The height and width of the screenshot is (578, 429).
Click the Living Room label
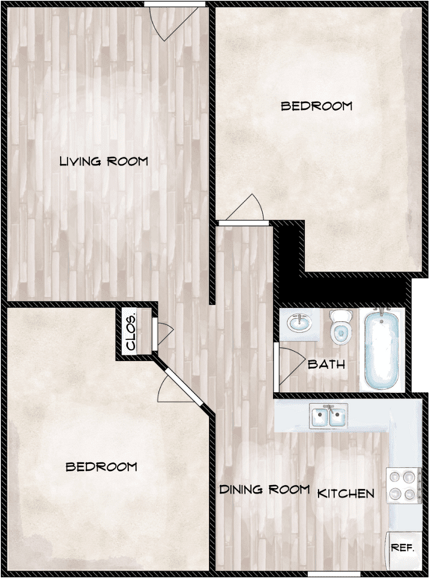click(x=104, y=161)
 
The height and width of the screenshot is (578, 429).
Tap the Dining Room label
click(x=264, y=489)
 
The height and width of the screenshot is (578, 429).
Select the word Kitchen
click(x=346, y=493)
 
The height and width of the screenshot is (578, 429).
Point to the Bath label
click(x=327, y=364)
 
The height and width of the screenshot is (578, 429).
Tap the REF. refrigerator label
click(x=402, y=547)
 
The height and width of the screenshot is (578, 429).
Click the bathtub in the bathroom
click(x=381, y=349)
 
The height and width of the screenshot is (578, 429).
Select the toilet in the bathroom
click(x=341, y=326)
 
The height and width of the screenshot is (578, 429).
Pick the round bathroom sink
click(x=300, y=324)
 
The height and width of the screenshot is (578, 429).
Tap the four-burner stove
click(x=403, y=485)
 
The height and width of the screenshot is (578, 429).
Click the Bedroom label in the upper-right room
click(x=316, y=106)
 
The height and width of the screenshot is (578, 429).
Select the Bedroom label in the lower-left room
click(x=101, y=467)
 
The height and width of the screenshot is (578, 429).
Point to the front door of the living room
click(x=174, y=22)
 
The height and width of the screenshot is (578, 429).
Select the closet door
click(x=162, y=334)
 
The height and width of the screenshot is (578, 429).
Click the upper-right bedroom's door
click(x=244, y=210)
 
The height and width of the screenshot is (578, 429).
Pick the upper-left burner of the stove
click(x=395, y=477)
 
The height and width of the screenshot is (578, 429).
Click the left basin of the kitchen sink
click(x=319, y=417)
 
